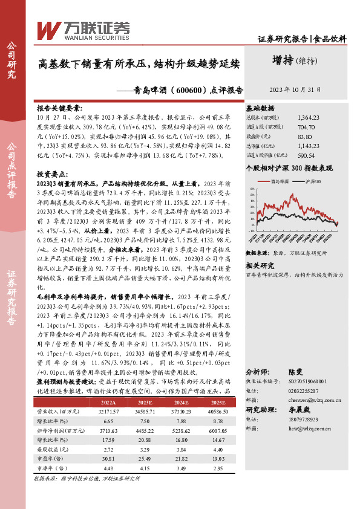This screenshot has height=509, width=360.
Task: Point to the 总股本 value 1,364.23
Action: pyautogui.click(x=309, y=118)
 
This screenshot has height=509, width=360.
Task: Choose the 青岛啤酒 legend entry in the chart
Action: pyautogui.click(x=280, y=181)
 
